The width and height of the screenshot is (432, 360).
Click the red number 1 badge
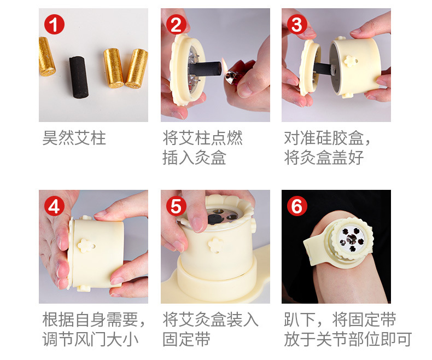pyautogui.click(x=54, y=24)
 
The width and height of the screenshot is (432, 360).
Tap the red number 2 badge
pyautogui.click(x=176, y=24)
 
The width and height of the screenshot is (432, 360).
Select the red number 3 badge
pyautogui.click(x=297, y=24)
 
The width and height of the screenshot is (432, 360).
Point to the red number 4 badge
pyautogui.click(x=54, y=206)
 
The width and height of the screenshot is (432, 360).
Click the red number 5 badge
pyautogui.click(x=176, y=206)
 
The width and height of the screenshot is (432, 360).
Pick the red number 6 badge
pyautogui.click(x=297, y=206)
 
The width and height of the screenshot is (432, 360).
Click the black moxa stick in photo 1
pyautogui.click(x=79, y=77)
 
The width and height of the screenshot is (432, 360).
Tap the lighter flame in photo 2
pyautogui.click(x=225, y=64)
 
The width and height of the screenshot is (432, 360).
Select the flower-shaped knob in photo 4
pyautogui.click(x=86, y=245)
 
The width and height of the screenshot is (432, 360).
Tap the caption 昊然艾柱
pyautogui.click(x=74, y=138)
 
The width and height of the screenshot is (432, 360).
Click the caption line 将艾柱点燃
pyautogui.click(x=202, y=138)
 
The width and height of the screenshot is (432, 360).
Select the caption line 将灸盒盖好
pyautogui.click(x=324, y=158)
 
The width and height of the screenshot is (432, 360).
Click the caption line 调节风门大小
pyautogui.click(x=90, y=339)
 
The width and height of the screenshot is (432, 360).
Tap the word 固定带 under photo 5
pyautogui.click(x=186, y=339)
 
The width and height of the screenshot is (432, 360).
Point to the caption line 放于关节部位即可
pyautogui.click(x=348, y=339)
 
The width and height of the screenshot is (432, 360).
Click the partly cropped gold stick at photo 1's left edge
pyautogui.click(x=46, y=56)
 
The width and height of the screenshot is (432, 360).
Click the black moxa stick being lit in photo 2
pyautogui.click(x=206, y=68)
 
